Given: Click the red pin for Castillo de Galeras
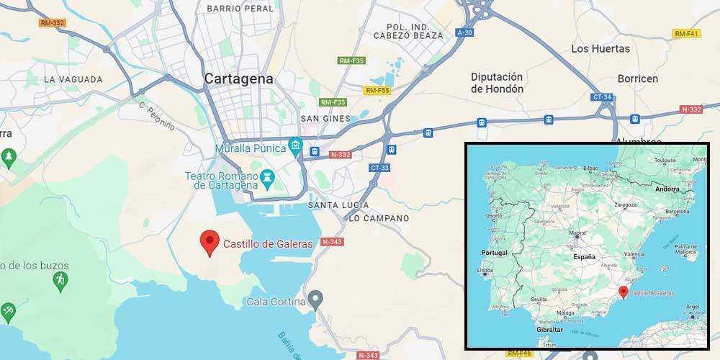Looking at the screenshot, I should pyautogui.click(x=209, y=242).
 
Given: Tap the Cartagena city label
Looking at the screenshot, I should pyautogui.click(x=238, y=79).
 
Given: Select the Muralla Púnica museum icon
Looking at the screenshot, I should pyautogui.click(x=295, y=148).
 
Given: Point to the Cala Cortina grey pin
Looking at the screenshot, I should pyautogui.click(x=315, y=299).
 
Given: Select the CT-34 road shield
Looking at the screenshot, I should pyautogui.click(x=601, y=96).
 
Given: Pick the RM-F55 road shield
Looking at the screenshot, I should pyautogui.click(x=377, y=90).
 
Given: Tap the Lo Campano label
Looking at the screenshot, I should pyautogui.click(x=378, y=218).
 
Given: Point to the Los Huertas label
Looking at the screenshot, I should pyautogui.click(x=600, y=49).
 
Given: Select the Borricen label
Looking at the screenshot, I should pyautogui.click(x=637, y=78).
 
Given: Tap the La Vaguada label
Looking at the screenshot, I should pyautogui.click(x=73, y=79).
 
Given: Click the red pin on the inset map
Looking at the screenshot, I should pyautogui.click(x=623, y=292).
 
